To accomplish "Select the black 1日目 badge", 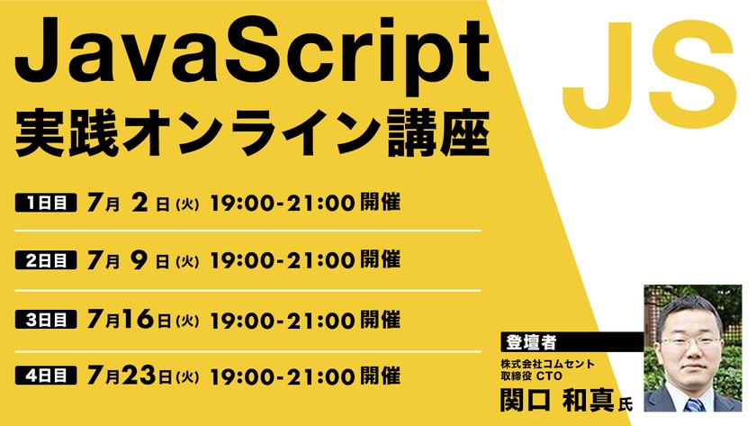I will click(x=46, y=203).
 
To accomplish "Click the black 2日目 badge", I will click(x=46, y=261).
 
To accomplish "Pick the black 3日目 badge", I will click(x=46, y=319).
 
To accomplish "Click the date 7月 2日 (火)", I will click(x=143, y=203).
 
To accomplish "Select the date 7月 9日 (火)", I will click(x=143, y=261).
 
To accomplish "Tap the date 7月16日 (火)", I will click(x=143, y=319).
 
